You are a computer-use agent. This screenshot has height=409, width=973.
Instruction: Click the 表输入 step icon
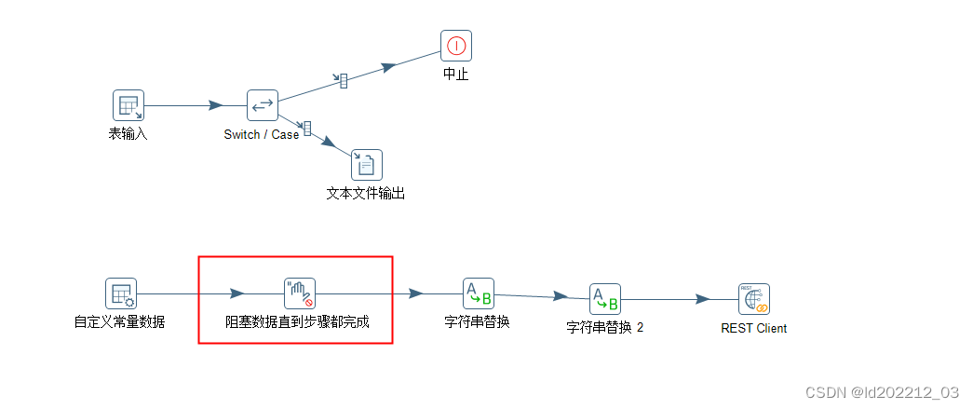(x=128, y=105)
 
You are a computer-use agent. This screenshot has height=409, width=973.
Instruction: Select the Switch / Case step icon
(x=263, y=105)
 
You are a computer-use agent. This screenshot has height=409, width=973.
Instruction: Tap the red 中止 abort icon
(x=456, y=46)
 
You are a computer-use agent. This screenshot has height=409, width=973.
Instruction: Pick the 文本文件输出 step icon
(x=367, y=165)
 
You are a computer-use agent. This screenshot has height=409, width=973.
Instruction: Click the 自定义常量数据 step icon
(x=121, y=293)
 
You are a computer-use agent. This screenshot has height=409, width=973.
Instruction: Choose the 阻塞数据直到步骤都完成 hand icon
(x=300, y=293)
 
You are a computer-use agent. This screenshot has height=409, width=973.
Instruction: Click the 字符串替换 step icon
(x=479, y=293)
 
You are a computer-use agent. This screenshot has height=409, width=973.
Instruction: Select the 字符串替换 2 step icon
(x=605, y=300)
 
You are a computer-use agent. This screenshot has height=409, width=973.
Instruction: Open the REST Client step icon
(x=754, y=300)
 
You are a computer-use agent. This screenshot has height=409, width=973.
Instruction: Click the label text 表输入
(x=128, y=134)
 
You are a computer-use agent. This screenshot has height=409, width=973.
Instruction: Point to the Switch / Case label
(x=262, y=134)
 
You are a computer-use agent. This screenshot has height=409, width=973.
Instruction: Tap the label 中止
(x=456, y=75)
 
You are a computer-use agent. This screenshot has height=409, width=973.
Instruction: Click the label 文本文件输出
(x=366, y=194)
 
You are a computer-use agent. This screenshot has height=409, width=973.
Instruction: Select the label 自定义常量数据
(x=120, y=322)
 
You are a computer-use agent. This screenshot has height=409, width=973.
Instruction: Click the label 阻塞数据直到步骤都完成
(x=298, y=322)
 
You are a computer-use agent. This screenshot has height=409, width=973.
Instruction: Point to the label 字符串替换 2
(x=605, y=328)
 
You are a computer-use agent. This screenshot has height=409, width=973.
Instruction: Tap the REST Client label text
(x=754, y=328)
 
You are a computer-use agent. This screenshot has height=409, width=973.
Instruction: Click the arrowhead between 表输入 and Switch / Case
(x=215, y=105)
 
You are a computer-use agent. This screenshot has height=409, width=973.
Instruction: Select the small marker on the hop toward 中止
(x=344, y=81)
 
